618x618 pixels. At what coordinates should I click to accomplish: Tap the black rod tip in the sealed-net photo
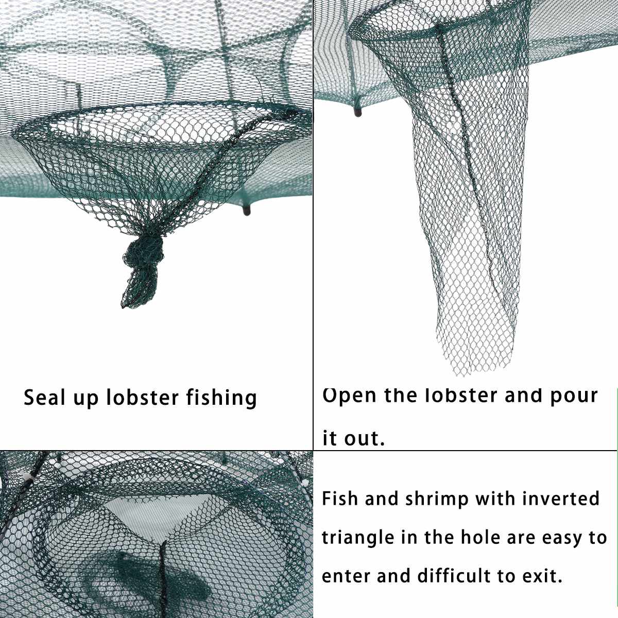click(247, 211)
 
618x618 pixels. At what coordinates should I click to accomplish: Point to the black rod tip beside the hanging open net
click(358, 112)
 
